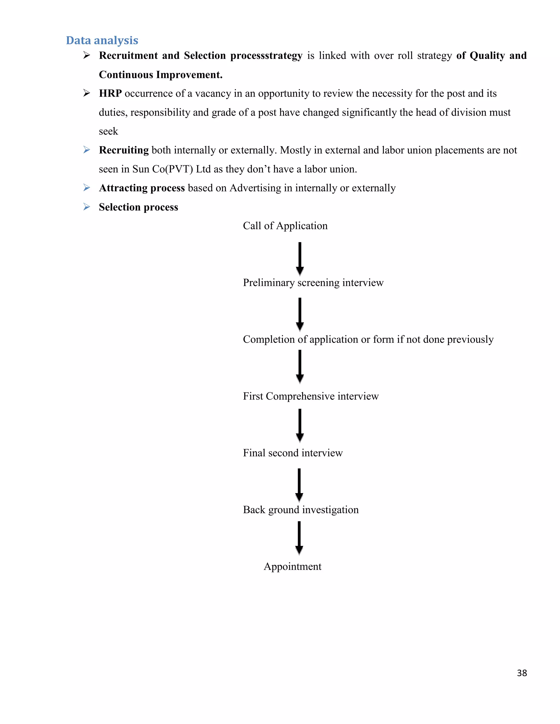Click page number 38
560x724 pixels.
(x=521, y=673)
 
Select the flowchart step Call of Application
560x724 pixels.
(x=285, y=226)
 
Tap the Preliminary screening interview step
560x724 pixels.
(x=313, y=282)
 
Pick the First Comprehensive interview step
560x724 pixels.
(x=311, y=396)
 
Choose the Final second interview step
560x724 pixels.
(x=293, y=453)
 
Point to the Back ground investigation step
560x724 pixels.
(x=301, y=510)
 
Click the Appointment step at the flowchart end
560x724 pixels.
(x=292, y=566)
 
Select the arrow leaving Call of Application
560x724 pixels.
(x=300, y=258)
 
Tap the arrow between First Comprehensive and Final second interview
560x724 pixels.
(x=300, y=425)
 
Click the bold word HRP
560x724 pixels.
(x=110, y=93)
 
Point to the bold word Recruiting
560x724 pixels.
(x=124, y=150)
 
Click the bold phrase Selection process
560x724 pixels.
(x=138, y=207)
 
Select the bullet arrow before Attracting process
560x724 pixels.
(x=87, y=188)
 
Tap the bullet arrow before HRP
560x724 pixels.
(x=87, y=93)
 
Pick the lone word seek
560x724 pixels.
(x=108, y=131)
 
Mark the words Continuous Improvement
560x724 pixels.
(x=160, y=75)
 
